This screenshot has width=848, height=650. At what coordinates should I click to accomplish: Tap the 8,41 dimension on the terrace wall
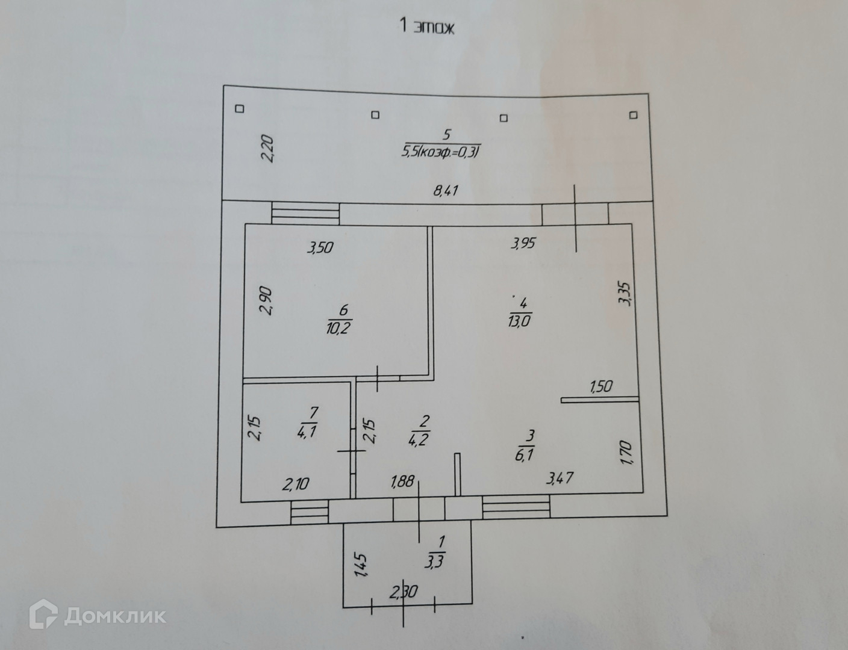[x=446, y=191]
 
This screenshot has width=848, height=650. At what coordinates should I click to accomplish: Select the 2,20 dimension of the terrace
[x=268, y=149]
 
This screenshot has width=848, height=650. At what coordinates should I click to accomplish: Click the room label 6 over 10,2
[x=343, y=319]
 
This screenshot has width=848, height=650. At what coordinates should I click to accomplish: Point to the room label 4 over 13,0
[x=519, y=312]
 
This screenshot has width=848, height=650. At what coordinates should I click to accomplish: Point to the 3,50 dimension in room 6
[x=320, y=247]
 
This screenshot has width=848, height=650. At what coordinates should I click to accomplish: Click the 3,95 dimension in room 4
[x=523, y=244]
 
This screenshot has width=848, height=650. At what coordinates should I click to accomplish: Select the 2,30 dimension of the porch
[x=404, y=593]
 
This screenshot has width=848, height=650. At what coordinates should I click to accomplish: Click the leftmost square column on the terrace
[x=239, y=109]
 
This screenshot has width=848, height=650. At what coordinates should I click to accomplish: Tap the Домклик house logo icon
[x=43, y=616]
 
